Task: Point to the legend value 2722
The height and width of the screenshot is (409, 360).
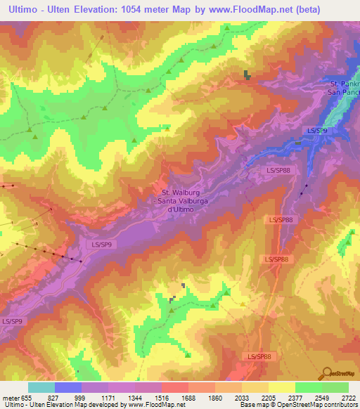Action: pos(349,397)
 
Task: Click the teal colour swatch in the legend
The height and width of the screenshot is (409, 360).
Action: pos(41,387)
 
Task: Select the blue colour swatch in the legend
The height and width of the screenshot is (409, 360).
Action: pos(68,387)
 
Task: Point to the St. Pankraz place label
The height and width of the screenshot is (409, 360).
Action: pos(345,84)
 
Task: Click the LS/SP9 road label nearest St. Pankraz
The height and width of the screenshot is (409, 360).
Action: pos(317,131)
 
